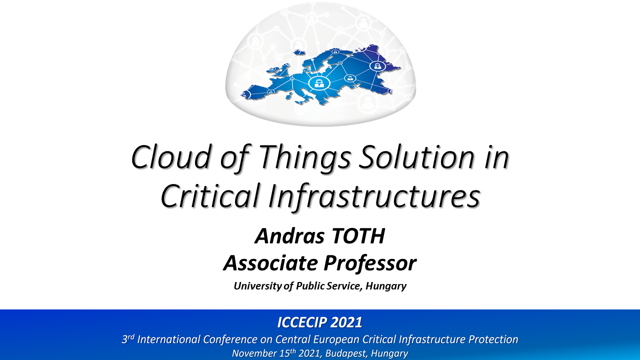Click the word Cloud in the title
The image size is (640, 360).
(171, 157)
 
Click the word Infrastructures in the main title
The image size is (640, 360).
(374, 196)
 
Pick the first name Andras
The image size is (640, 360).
(289, 236)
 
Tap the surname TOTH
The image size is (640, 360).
(357, 236)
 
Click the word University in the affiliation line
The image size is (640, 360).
(257, 286)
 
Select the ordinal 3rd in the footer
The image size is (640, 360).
(127, 339)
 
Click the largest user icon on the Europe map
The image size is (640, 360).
(319, 83)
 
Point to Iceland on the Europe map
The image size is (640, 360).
(299, 52)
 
